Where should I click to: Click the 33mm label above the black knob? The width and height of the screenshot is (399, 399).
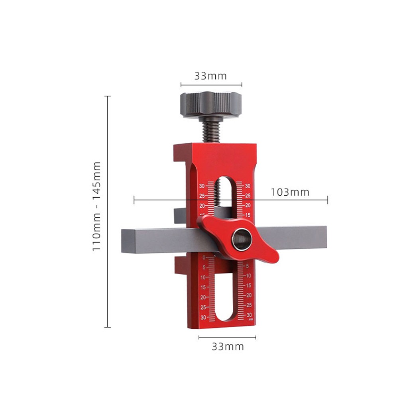pos(210,76)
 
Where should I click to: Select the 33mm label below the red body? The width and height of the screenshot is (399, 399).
pos(227,346)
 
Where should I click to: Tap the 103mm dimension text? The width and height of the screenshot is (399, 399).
pos(290,192)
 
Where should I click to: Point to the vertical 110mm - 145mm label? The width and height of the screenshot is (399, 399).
pos(97,206)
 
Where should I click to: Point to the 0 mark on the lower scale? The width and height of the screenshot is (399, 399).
pos(204,257)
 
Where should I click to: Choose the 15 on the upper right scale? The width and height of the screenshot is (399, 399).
pos(248,215)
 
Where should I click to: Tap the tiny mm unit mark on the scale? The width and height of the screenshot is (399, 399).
pos(251,319)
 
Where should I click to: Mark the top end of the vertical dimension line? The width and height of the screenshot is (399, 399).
pos(107,96)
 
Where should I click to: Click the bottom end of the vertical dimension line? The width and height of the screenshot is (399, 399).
pos(107,327)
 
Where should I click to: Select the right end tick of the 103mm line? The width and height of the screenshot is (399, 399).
pos(328,200)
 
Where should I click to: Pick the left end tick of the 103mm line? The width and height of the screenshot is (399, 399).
pos(134,200)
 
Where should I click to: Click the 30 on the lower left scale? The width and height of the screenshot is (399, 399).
pos(203,318)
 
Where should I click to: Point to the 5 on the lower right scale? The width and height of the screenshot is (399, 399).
pos(248,266)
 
